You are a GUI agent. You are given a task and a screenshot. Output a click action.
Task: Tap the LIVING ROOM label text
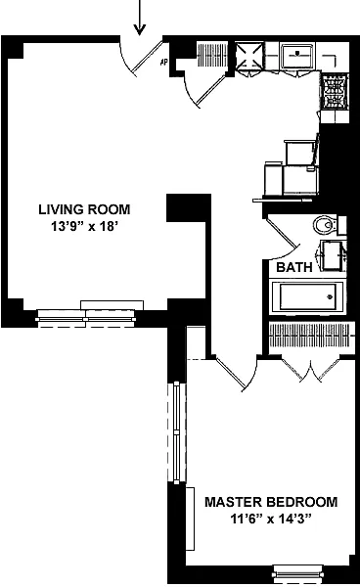(x=84, y=209)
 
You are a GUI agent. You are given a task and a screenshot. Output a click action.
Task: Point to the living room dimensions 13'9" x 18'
(x=84, y=226)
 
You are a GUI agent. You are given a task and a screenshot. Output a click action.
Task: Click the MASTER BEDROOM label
(x=271, y=502)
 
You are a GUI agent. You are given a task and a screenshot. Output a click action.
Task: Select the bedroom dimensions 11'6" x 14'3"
(x=271, y=519)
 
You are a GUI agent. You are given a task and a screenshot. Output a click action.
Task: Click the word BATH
(x=293, y=267)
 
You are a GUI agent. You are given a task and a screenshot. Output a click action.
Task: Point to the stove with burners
(x=334, y=94)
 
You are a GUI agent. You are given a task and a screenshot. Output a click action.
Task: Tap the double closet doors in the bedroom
(x=311, y=369)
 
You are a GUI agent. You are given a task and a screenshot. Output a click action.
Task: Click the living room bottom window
(x=90, y=314)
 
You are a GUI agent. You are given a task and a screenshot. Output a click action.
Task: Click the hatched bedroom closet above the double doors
(x=308, y=335)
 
